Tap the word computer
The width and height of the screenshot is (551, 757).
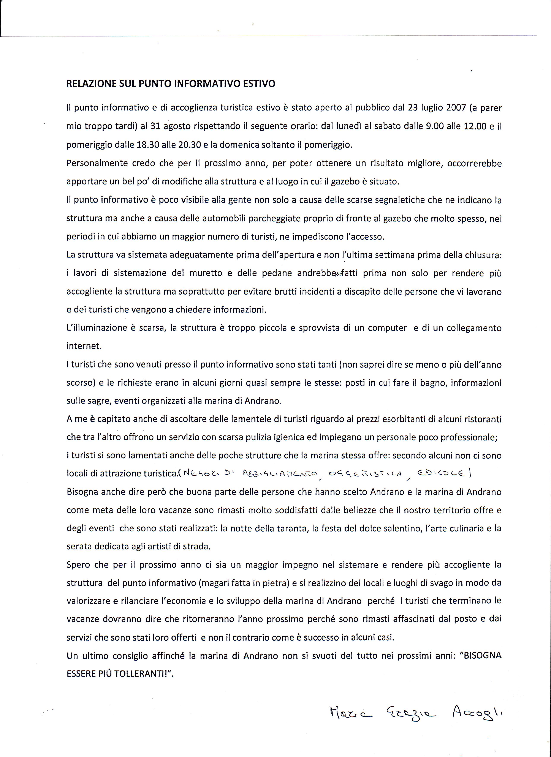pyautogui.click(x=387, y=328)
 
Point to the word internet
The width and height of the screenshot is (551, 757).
pyautogui.click(x=84, y=346)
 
